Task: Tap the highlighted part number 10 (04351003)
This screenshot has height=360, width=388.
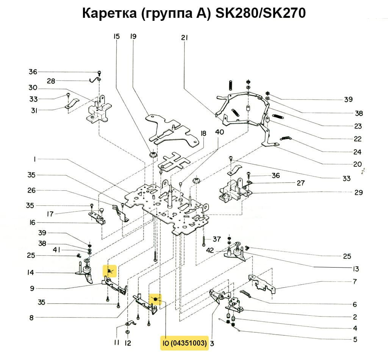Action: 184,344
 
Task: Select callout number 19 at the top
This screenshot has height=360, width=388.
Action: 133,36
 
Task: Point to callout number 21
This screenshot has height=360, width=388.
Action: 185,38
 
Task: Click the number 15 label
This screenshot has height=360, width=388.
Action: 116,36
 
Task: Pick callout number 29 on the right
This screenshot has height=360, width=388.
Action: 358,193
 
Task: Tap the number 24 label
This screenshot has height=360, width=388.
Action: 357,152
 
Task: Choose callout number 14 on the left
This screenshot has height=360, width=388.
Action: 31,272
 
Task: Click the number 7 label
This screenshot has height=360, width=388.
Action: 355,282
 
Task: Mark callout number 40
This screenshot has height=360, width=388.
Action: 219,132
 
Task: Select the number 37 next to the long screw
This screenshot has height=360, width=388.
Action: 216,239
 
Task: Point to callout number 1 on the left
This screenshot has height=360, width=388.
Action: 34,160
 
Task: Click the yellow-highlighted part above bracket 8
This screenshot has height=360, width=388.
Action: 155,299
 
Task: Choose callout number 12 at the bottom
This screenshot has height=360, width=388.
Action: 128,343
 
